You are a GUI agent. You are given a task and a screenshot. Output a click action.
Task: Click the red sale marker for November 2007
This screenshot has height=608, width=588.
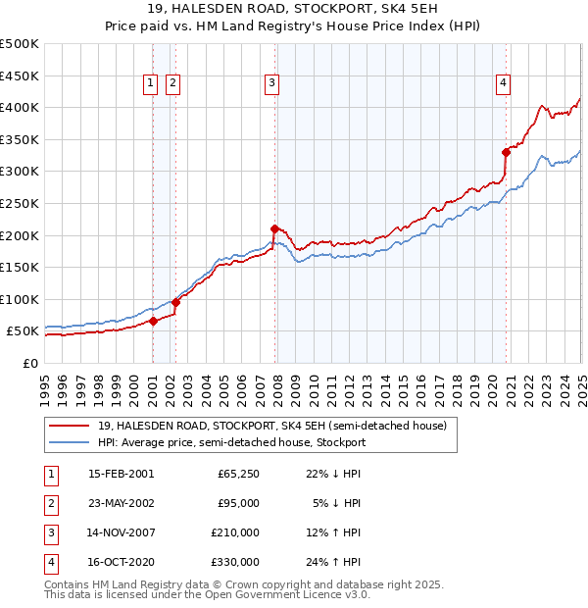tap(274, 228)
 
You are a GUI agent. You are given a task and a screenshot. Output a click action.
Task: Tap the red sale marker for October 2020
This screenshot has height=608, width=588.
tap(507, 152)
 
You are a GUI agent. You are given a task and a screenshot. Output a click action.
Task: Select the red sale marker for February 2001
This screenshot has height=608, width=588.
tap(153, 321)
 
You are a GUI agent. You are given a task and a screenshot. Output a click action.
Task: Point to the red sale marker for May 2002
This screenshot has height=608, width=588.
tap(175, 302)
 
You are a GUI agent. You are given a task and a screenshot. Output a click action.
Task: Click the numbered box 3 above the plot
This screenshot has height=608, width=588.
tap(269, 84)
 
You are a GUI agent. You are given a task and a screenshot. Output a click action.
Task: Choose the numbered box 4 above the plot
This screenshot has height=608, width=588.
tap(502, 84)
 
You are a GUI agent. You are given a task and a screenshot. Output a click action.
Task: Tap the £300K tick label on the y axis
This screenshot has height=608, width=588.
tap(20, 172)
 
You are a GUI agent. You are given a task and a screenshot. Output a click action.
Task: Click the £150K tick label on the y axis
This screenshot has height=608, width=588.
tap(20, 267)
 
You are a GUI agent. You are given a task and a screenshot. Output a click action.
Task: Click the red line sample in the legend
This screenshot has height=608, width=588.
tap(70, 426)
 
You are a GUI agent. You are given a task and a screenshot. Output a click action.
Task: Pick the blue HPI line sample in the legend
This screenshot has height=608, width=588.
tap(70, 442)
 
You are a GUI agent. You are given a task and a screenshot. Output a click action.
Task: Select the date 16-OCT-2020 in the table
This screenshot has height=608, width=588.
tap(120, 562)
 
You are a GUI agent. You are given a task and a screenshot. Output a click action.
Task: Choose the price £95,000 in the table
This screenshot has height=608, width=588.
tap(237, 503)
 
